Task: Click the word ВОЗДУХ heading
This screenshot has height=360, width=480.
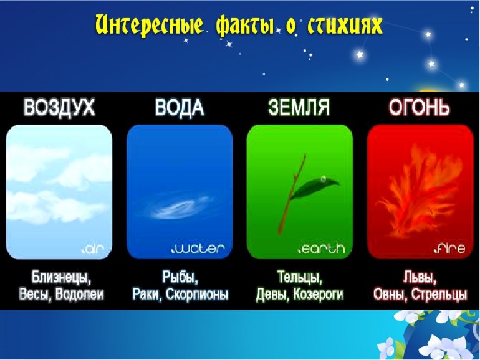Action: (59, 107)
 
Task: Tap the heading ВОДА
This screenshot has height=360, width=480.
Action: (180, 107)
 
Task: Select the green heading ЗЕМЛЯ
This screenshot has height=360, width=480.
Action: (299, 107)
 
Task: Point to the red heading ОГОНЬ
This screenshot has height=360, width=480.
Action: (420, 107)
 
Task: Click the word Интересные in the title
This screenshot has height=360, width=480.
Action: (149, 25)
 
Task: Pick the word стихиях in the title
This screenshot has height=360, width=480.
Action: (345, 25)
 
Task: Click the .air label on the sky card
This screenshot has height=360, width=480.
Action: (93, 249)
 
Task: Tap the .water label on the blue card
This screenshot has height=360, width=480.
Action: (198, 249)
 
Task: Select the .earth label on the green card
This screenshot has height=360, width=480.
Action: (322, 249)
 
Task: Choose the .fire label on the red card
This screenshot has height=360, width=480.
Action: (449, 248)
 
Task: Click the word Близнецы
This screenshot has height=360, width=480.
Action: (62, 277)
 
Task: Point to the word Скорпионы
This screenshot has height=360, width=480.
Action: (197, 294)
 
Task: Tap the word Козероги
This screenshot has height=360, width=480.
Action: (319, 294)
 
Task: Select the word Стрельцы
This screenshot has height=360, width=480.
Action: (439, 294)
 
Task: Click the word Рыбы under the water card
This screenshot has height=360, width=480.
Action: (180, 277)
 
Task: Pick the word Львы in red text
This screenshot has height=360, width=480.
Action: (420, 278)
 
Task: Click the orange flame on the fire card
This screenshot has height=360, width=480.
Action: (420, 192)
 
